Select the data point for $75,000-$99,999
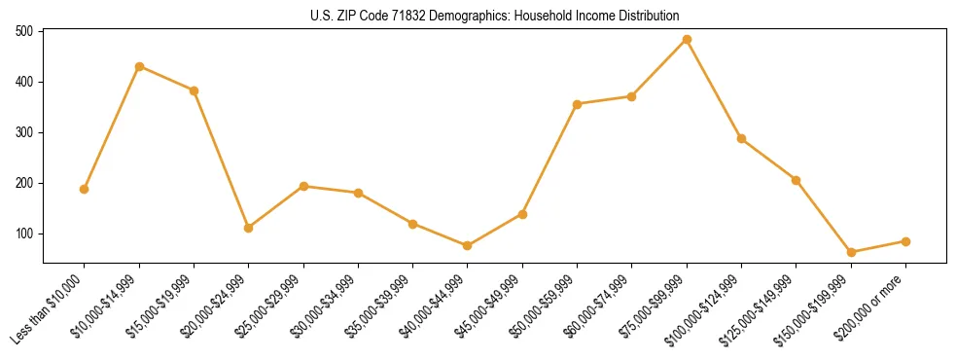(687, 40)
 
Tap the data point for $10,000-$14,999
(139, 66)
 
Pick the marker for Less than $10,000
(85, 189)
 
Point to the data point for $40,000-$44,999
(468, 245)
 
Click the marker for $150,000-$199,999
(851, 252)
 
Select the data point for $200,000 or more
(905, 241)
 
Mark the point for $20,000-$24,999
(249, 228)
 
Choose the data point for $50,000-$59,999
(578, 104)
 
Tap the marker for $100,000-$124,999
(741, 138)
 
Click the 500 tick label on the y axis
(24, 31)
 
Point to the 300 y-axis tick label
(24, 132)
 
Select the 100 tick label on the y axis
(24, 234)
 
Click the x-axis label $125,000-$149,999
(762, 307)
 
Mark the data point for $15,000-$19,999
(195, 90)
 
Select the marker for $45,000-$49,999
(522, 214)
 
